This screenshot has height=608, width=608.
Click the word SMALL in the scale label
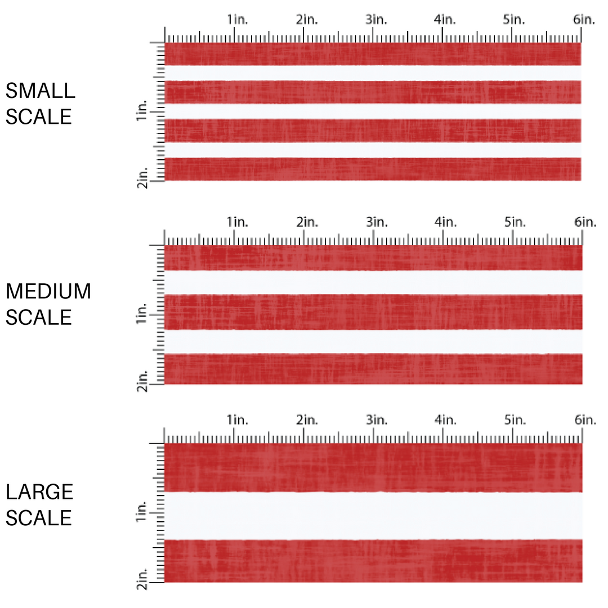click(x=40, y=91)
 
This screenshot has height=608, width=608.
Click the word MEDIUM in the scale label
click(x=48, y=292)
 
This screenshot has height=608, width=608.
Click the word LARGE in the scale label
click(x=39, y=492)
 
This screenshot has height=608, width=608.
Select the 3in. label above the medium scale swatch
click(x=376, y=222)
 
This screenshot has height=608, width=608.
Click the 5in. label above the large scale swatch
click(x=515, y=420)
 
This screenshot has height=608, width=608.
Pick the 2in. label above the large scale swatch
click(x=307, y=420)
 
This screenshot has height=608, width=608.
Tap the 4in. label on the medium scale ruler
click(x=445, y=222)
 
